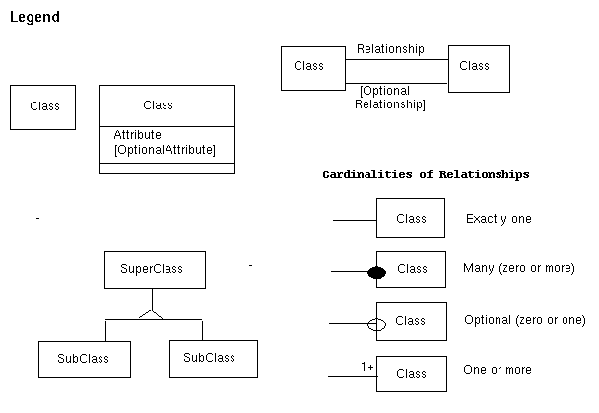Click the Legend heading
tap(34, 18)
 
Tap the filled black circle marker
tap(375, 272)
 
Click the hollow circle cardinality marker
tap(375, 323)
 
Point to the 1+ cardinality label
tap(367, 368)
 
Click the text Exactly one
tap(499, 219)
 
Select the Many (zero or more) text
tap(518, 268)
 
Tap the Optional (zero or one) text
tap(524, 320)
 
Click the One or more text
tap(498, 370)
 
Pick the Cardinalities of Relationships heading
tap(426, 174)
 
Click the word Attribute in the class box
tap(137, 135)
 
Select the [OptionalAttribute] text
tap(164, 150)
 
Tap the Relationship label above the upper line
tap(390, 49)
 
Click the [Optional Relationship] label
tap(390, 98)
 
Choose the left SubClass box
tap(82, 359)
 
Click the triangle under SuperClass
tap(151, 312)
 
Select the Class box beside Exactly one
tap(411, 218)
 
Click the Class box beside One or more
tap(411, 374)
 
